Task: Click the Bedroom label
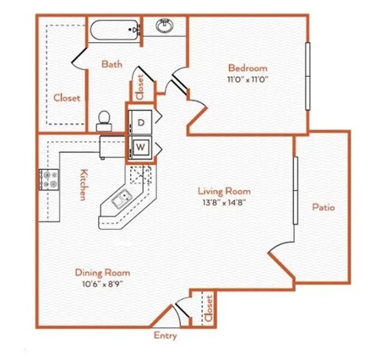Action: coord(248,67)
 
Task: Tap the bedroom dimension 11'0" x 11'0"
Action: coord(248,79)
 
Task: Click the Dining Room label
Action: coord(100,271)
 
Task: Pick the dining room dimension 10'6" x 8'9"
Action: coord(100,282)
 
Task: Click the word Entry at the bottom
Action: coord(164,335)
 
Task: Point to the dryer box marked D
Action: coord(140,122)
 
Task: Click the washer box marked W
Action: coord(140,146)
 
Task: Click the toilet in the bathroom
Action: coord(103,120)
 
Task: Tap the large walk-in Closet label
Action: coord(67,98)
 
